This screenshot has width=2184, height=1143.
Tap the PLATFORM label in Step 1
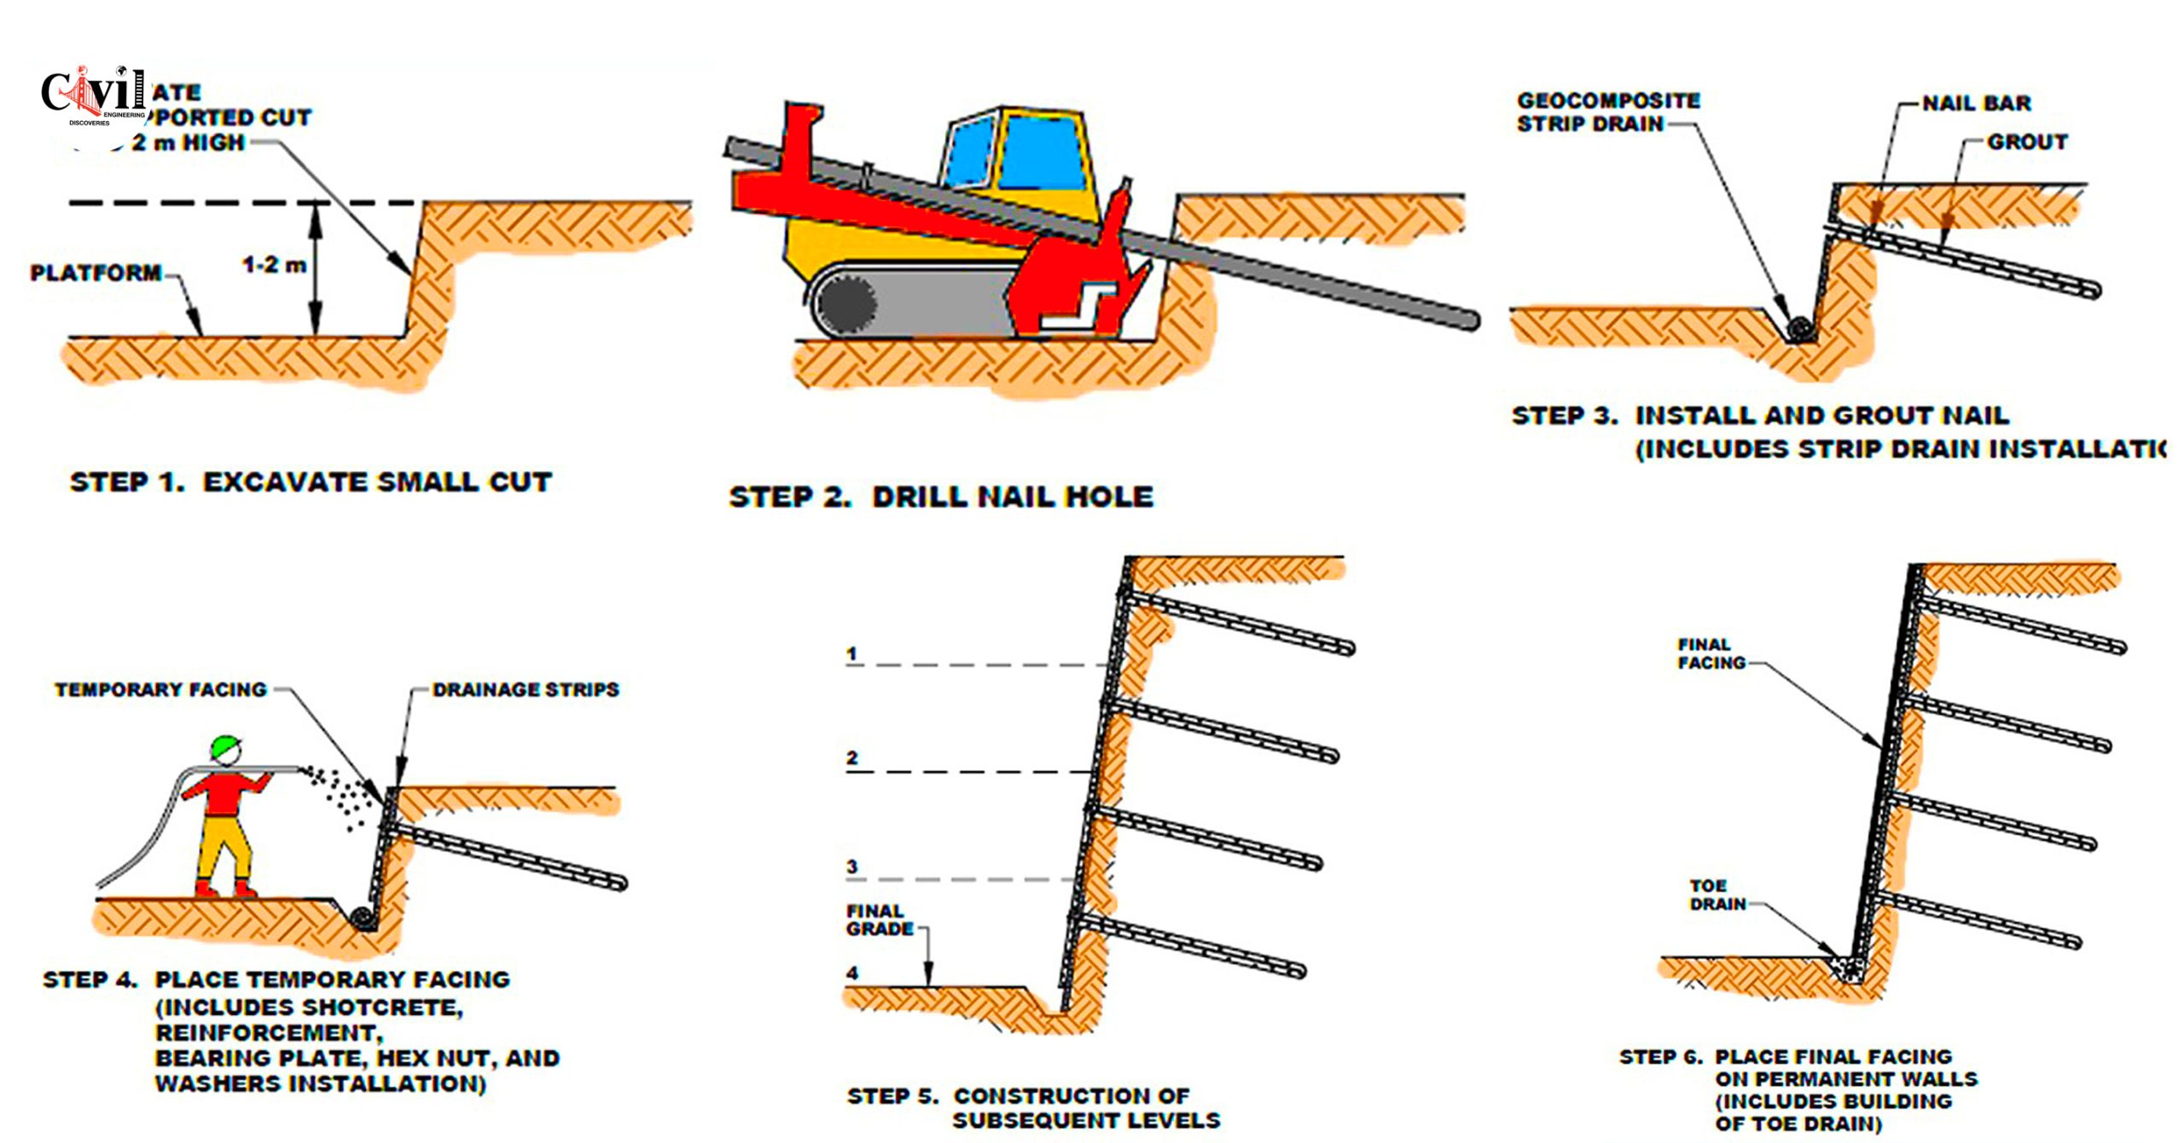pyautogui.click(x=96, y=273)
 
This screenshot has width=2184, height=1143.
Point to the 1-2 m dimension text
pyautogui.click(x=273, y=264)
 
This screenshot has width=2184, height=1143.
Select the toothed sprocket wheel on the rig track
pyautogui.click(x=847, y=302)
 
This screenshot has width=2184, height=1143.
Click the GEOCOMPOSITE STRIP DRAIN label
pyautogui.click(x=1607, y=112)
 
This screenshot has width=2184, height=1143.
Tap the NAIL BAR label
pyautogui.click(x=1976, y=103)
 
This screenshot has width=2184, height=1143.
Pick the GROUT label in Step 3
pyautogui.click(x=2027, y=142)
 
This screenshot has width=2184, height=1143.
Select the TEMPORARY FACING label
pyautogui.click(x=160, y=689)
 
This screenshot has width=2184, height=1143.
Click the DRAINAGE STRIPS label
pyautogui.click(x=526, y=689)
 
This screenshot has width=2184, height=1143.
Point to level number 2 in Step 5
pyautogui.click(x=851, y=757)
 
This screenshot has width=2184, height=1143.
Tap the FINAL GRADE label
pyautogui.click(x=879, y=920)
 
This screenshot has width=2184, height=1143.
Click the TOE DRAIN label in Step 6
pyautogui.click(x=1717, y=895)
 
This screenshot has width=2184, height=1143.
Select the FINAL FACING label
pyautogui.click(x=1711, y=653)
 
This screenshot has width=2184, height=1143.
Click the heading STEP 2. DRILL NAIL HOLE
pyautogui.click(x=940, y=496)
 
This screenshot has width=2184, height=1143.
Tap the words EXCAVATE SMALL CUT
pyautogui.click(x=377, y=482)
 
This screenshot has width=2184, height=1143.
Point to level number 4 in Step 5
pyautogui.click(x=851, y=972)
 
